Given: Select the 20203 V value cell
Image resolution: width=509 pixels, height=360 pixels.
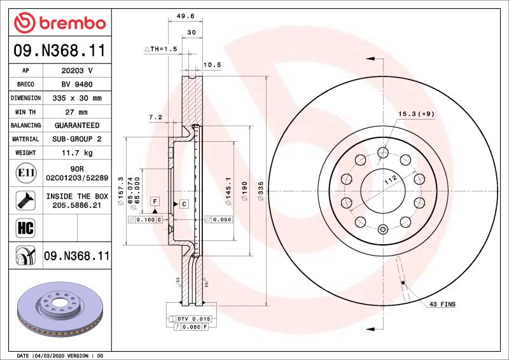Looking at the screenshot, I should click(77, 71).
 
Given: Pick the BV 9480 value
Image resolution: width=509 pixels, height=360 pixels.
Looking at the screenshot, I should click(77, 85).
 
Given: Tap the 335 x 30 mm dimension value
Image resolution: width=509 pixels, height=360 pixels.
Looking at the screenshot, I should click(77, 99).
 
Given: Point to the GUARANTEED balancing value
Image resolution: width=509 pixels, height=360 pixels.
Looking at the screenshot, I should click(77, 125).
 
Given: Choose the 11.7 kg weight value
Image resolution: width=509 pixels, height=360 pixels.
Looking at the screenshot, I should click(77, 153).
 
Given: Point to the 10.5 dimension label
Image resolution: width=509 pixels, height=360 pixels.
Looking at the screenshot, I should click(211, 64).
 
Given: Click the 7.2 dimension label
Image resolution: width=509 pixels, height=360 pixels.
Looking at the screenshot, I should click(155, 117).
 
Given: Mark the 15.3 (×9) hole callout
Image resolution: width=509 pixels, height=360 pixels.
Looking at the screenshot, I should click(416, 114).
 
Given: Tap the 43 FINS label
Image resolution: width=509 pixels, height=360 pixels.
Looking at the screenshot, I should click(443, 305).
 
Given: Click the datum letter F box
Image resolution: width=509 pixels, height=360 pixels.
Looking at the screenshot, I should click(155, 201).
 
